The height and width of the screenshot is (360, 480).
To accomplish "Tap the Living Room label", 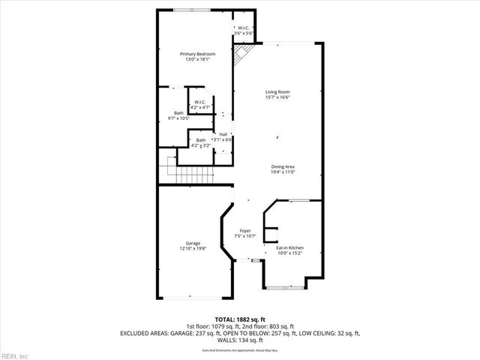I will point(277,91).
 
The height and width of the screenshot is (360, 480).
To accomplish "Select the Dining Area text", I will point(283,166).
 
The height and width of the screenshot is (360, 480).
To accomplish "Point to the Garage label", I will point(193,243).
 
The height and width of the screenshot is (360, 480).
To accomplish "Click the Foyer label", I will point(245,230).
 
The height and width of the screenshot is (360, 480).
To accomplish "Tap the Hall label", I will point(223,134).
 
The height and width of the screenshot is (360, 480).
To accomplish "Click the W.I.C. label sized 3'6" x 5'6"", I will point(244,28).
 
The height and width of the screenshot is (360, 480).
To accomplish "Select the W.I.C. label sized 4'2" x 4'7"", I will point(200,102).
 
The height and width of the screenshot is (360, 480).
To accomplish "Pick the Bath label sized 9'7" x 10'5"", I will point(178,112).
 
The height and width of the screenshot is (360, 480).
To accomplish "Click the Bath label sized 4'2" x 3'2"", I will point(201,140).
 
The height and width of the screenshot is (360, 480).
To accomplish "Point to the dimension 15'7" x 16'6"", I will point(277,97).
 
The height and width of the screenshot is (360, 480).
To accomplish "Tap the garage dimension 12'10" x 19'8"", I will point(193,249).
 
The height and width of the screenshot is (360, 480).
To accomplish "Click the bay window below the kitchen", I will point(285,286).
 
